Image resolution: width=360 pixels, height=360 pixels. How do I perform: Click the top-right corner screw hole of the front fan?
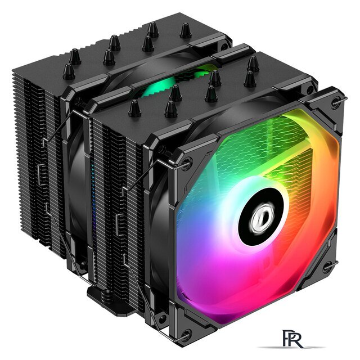[335, 103]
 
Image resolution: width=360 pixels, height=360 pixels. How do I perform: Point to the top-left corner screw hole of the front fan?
[187, 163]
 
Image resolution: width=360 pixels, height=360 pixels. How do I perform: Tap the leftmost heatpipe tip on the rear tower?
[69, 71]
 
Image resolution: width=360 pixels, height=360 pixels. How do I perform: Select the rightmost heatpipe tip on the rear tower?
[186, 30]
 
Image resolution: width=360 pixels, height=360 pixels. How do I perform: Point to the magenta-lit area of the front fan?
[225, 270]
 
